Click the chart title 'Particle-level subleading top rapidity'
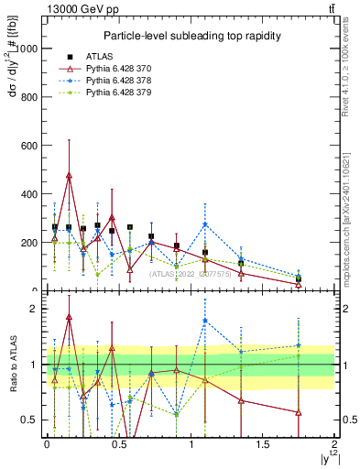point(191,36)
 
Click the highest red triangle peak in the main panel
point(69,175)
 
